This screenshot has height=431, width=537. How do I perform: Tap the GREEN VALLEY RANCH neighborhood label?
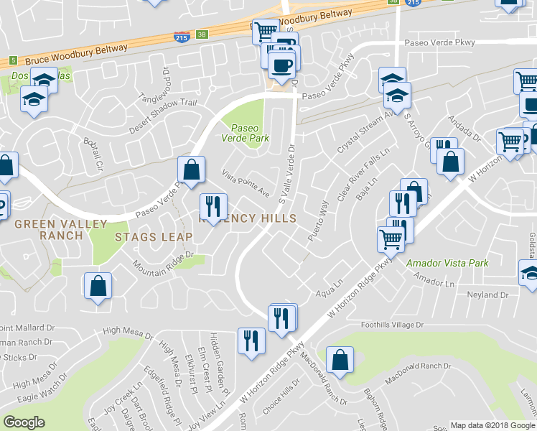[61, 230]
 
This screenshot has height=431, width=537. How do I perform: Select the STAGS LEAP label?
[154, 236]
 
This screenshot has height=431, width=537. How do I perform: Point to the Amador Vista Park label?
[447, 264]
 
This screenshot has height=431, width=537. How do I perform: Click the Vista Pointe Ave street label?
[246, 184]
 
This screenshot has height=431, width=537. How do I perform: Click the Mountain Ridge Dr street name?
[164, 260]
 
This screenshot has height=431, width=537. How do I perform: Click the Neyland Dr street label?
[487, 295]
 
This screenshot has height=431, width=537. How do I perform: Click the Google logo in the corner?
[24, 422]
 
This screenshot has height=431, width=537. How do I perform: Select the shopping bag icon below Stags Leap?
[98, 287]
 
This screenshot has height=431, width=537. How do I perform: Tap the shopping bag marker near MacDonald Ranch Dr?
[340, 359]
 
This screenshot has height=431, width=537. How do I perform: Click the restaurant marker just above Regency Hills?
[213, 207]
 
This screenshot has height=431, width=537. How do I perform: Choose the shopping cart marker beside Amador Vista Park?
[390, 239]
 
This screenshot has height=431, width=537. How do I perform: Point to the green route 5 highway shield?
[12, 61]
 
